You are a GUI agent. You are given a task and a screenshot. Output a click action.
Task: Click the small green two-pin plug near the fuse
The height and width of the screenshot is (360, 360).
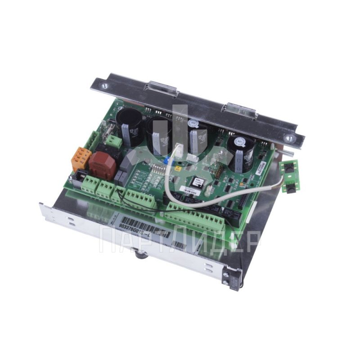(115, 143)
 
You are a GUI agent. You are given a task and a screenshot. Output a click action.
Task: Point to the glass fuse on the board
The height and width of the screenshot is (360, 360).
(105, 134)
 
